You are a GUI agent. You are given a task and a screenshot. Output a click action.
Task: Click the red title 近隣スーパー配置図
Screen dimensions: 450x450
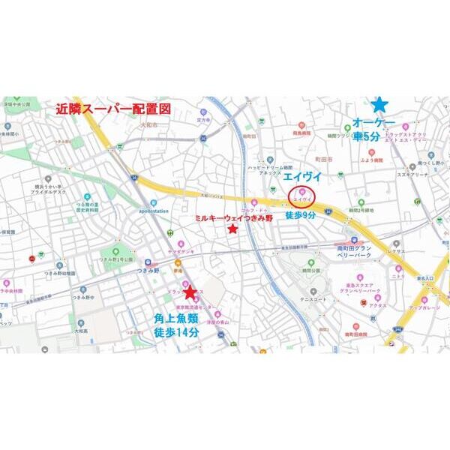click(x=114, y=108)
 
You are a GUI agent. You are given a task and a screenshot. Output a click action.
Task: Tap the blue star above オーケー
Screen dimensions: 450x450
click(x=380, y=104)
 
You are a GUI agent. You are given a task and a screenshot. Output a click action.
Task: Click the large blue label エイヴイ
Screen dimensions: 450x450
click(x=301, y=175)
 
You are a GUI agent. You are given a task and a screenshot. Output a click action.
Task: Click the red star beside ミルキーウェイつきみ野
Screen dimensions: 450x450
click(x=233, y=229)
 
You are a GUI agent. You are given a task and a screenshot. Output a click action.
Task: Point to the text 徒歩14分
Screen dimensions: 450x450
click(x=177, y=332)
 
